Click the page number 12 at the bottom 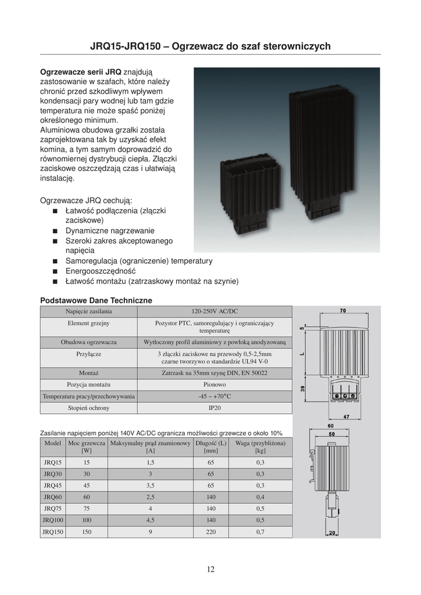tap(211, 569)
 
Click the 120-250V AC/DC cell tap(215, 311)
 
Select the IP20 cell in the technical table tap(215, 408)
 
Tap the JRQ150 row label tap(53, 532)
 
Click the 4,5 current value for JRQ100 tap(151, 520)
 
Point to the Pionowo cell tap(215, 385)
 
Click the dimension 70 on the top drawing tap(343, 311)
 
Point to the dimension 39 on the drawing tap(304, 390)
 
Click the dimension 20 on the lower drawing tap(332, 532)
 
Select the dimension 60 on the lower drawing tap(331, 427)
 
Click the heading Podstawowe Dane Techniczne tap(96, 300)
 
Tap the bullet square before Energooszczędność tap(55, 271)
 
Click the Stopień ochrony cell tap(88, 408)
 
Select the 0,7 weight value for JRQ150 tap(261, 532)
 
